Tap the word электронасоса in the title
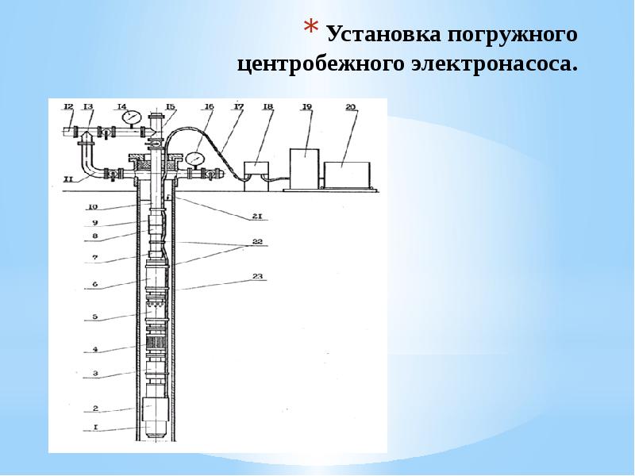click(502, 64)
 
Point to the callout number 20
click(352, 106)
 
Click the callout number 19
click(307, 106)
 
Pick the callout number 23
click(259, 277)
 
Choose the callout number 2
click(94, 408)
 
